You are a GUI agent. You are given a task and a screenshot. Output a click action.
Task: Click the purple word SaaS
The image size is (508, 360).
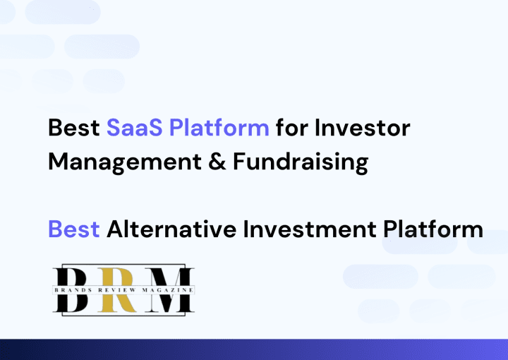135,128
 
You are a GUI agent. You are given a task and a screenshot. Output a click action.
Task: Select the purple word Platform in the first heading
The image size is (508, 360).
219,127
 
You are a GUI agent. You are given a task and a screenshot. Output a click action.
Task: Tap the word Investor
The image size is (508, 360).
362,128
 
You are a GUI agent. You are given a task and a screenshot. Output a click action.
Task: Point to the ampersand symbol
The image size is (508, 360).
217,162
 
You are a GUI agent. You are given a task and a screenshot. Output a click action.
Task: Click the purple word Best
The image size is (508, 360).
74,229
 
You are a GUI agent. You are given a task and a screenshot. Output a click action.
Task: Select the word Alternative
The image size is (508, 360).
171,229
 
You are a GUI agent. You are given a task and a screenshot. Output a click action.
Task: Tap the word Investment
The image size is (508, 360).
310,229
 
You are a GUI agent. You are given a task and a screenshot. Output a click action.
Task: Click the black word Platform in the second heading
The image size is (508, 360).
433,229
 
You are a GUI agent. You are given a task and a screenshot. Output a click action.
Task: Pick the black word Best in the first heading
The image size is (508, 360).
74,128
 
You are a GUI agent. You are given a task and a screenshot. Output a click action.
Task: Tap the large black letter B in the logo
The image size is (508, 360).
71,290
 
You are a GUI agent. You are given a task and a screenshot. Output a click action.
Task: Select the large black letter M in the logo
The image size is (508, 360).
169,290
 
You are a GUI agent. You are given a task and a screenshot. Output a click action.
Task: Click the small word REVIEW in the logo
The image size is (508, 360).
117,290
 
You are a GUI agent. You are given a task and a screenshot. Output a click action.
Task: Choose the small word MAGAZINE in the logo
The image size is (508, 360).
168,290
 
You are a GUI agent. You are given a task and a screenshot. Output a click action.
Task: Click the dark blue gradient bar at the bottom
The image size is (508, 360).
254,349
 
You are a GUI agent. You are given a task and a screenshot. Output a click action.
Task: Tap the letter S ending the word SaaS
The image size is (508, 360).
156,128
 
